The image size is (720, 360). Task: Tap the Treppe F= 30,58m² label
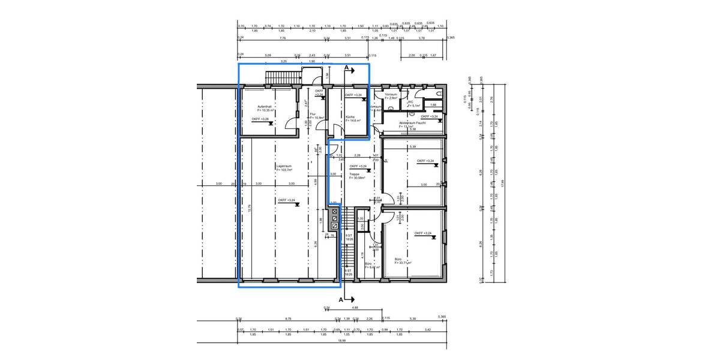pyautogui.click(x=357, y=177)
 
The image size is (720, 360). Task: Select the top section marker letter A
pyautogui.click(x=347, y=70)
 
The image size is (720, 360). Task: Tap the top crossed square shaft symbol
pyautogui.click(x=334, y=212)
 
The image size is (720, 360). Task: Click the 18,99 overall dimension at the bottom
pyautogui.click(x=342, y=340)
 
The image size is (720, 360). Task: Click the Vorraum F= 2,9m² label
pyautogui.click(x=391, y=96)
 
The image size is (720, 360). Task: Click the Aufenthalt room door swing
pyautogui.click(x=292, y=123)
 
